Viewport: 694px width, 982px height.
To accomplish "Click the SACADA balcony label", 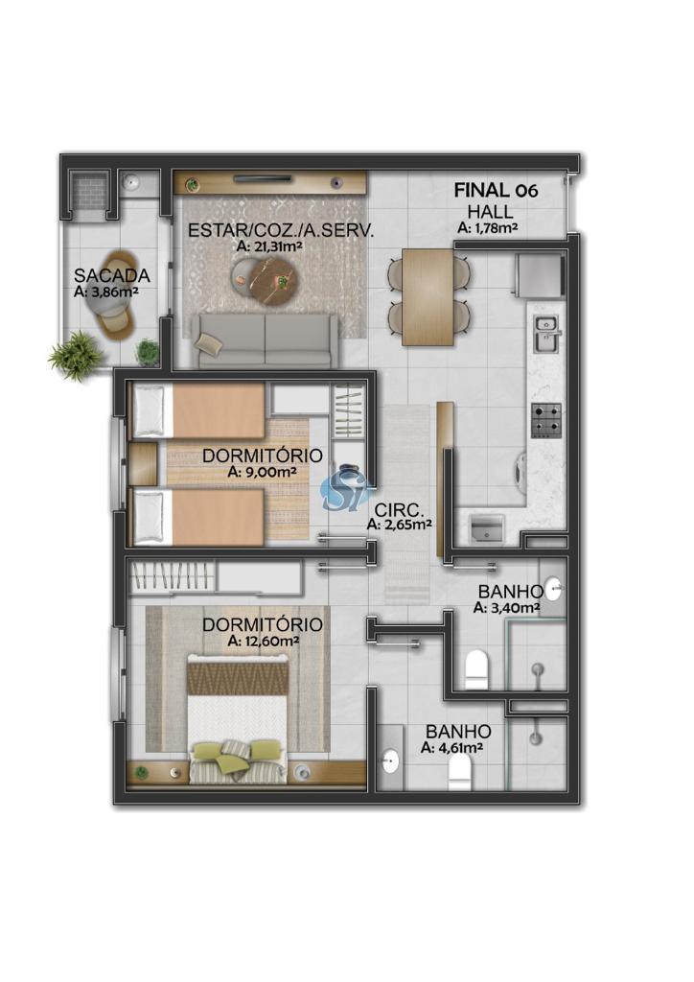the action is [112, 275].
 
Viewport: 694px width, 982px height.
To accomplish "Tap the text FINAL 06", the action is [496, 191].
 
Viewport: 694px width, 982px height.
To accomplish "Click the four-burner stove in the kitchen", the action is [545, 421].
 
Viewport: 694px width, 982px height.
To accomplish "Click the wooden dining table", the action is [428, 297].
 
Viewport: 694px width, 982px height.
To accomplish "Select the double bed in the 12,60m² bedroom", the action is [238, 719].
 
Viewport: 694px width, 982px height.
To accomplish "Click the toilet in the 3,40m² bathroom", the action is [476, 669].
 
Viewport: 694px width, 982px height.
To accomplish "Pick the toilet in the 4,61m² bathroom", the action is [460, 772].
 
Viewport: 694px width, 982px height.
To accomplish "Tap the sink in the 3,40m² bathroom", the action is [552, 589].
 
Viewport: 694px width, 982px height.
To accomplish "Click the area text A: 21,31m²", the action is [270, 246].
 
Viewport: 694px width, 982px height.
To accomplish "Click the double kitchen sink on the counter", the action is [546, 335].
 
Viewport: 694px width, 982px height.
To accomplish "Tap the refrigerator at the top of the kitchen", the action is [538, 275].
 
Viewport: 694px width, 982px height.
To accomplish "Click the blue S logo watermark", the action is [343, 488].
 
